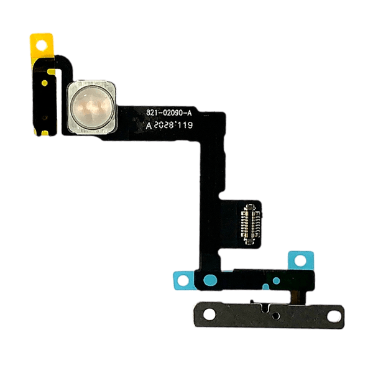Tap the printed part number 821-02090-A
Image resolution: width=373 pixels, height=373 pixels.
pos(173,112)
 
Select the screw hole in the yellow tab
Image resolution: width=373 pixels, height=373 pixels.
pos(42,46)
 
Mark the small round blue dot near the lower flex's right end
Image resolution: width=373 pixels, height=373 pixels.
pos(276,281)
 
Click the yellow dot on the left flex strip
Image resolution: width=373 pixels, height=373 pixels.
pos(47,81)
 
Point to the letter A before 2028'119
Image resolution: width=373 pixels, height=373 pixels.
pos(149,124)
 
